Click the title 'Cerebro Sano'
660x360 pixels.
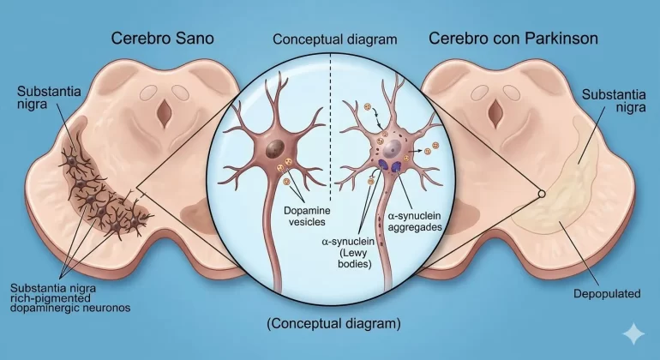163,39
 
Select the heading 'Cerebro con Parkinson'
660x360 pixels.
513,39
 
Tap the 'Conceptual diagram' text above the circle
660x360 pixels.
334,39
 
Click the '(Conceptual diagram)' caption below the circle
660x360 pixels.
333,323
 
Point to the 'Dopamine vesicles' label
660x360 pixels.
307,216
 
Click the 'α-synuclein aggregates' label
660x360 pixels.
415,221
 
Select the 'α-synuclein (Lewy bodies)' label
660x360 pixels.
349,253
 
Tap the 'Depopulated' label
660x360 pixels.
607,293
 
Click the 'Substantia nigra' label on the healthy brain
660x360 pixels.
49,97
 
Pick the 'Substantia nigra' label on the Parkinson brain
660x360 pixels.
614,100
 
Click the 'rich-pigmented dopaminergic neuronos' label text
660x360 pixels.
70,303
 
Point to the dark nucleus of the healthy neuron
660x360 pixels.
275,148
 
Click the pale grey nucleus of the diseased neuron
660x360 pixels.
393,148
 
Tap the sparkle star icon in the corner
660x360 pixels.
633,334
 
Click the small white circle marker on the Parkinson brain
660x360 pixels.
542,194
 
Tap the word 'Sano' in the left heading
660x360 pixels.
195,39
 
